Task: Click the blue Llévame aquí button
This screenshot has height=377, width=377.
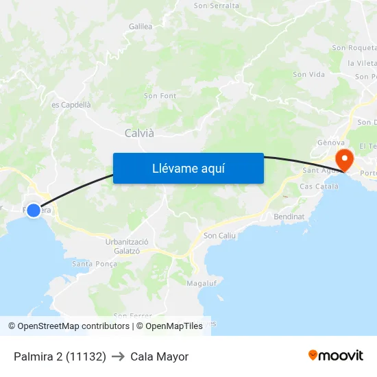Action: [188, 168]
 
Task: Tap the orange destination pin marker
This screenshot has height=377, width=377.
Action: [343, 160]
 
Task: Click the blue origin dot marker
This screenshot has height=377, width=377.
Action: [34, 210]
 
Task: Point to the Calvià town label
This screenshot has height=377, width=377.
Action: [139, 133]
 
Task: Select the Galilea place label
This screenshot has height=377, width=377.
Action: [141, 26]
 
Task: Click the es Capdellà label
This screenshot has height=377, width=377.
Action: [71, 105]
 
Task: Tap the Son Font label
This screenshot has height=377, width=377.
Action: [160, 96]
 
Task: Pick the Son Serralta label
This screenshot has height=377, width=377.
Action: [217, 5]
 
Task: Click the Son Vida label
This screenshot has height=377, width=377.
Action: [308, 74]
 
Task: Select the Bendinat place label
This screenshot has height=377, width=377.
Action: [289, 216]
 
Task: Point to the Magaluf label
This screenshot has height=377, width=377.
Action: [202, 282]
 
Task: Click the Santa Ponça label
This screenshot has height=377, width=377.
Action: [95, 263]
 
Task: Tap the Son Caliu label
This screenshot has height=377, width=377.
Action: [219, 236]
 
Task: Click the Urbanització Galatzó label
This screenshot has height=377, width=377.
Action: [127, 246]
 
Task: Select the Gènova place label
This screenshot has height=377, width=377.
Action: [330, 143]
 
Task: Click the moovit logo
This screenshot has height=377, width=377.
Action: [336, 355]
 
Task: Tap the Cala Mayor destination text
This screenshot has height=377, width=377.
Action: [159, 356]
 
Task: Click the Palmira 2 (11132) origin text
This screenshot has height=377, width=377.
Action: [60, 356]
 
